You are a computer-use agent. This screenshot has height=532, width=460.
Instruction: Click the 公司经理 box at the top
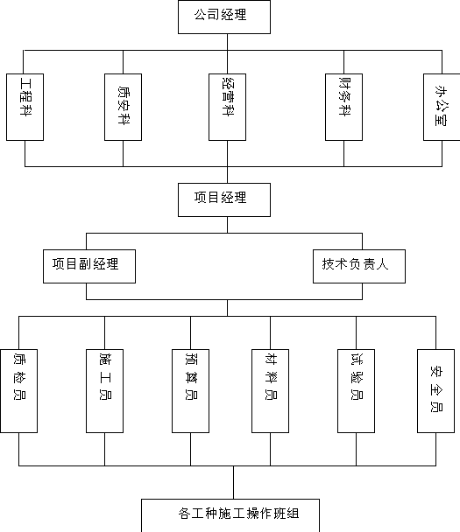tap(224, 17)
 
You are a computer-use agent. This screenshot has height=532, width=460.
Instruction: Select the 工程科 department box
tap(25, 107)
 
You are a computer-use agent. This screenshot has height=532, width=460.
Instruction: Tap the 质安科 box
tap(123, 107)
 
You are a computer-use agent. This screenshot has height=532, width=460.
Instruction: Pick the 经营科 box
tap(227, 107)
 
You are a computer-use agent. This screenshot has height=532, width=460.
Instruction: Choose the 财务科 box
tap(343, 107)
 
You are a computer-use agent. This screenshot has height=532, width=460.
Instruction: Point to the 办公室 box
tap(442, 107)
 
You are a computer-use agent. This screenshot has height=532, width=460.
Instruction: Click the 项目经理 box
tap(224, 199)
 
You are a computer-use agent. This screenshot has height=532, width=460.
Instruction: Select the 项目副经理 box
tap(89, 266)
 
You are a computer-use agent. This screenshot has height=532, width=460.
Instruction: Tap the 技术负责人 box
tap(359, 266)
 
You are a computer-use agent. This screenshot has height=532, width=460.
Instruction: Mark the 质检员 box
tap(18, 391)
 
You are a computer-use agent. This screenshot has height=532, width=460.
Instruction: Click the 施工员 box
tap(104, 391)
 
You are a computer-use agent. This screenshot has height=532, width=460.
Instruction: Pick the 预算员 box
tap(191, 391)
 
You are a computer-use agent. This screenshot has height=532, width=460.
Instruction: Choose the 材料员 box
tap(271, 391)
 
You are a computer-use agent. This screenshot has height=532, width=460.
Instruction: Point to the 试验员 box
tap(356, 391)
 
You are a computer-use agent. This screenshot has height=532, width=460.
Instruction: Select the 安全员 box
tap(435, 391)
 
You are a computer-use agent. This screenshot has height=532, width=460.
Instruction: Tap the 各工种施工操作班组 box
tap(230, 515)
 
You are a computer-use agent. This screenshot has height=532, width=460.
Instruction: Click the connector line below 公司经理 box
tap(227, 42)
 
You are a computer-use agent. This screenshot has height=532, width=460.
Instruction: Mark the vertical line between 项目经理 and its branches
tap(227, 225)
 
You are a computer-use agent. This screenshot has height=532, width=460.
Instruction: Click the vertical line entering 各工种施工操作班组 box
tap(233, 482)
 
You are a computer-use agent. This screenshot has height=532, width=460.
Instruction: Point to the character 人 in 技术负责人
tap(382, 264)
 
